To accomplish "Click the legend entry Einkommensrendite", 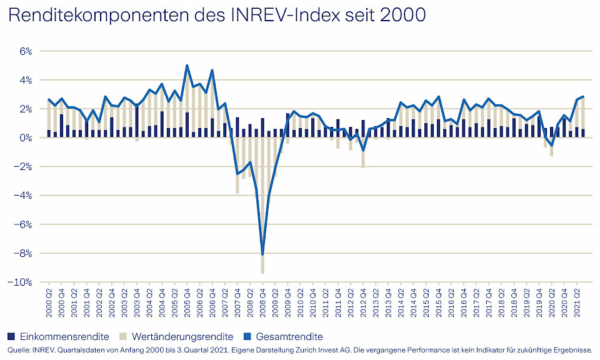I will [x=64, y=336].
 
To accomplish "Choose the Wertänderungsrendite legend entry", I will [x=187, y=336].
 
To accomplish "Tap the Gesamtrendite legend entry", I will [x=292, y=336].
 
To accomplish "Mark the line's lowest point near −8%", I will [x=262, y=254].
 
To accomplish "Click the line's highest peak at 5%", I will [x=187, y=66].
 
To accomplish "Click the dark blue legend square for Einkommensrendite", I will [x=12, y=336].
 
